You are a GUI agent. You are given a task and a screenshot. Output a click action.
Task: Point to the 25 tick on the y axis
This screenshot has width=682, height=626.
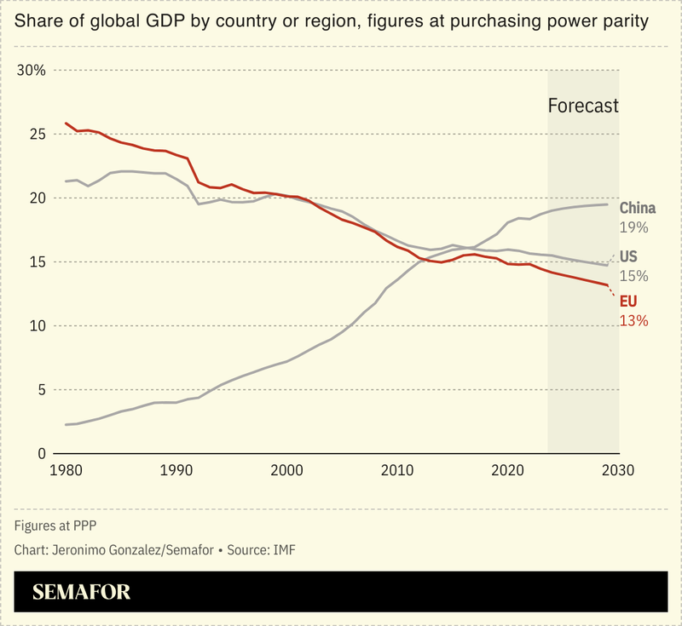pos(35,134)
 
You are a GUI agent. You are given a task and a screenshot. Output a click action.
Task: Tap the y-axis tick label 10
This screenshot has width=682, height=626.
pos(35,326)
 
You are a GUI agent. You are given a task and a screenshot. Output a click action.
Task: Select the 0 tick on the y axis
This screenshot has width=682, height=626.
pos(39,454)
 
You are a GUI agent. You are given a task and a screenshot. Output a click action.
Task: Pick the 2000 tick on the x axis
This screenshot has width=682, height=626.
pos(286,470)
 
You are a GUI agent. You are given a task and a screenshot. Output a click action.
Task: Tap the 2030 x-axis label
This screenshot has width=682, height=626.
pos(619,470)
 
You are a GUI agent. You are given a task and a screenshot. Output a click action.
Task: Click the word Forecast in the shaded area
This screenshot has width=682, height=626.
pos(582,106)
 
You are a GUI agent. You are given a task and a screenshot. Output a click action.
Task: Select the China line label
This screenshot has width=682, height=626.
pos(637,209)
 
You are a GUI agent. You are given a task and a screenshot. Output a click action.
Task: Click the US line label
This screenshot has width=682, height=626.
pos(628,257)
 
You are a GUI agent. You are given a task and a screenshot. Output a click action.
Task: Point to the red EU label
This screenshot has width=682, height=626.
pos(628,302)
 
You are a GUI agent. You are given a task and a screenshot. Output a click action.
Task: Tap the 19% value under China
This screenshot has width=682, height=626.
pos(633,227)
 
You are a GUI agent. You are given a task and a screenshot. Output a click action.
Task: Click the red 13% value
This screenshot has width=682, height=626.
pos(633,321)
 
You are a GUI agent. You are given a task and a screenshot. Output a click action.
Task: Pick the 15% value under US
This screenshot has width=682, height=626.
pos(633,276)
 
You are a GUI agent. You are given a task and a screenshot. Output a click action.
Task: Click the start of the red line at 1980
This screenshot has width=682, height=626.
pos(66,123)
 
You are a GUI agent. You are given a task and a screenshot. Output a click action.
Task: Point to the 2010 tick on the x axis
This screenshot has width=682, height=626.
pos(397,470)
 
